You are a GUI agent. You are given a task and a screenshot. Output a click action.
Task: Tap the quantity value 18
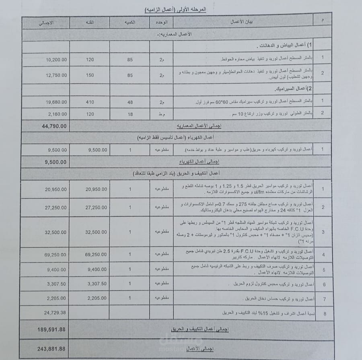tap(130, 114)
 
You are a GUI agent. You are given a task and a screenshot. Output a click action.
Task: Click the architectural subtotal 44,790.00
tap(54, 126)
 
